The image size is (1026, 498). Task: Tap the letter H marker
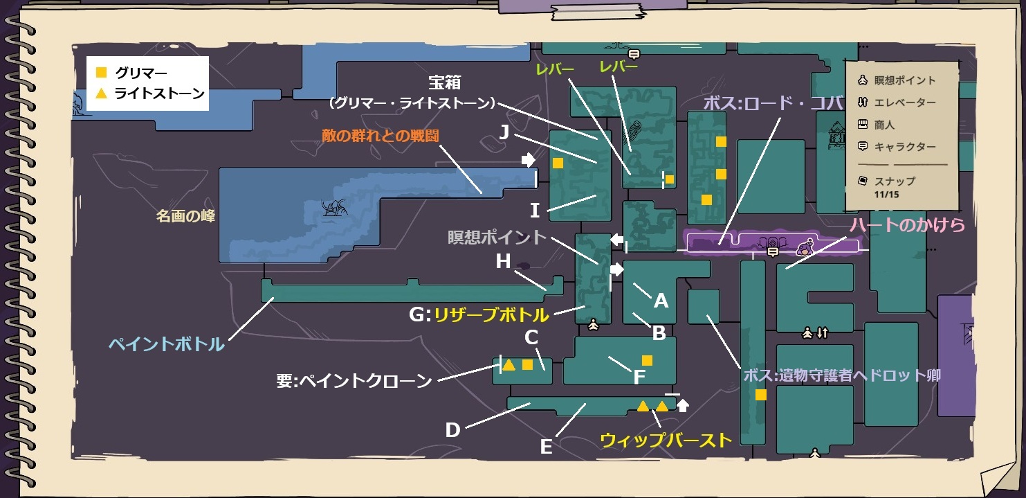pyautogui.click(x=503, y=261)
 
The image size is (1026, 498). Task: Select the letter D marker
pyautogui.click(x=452, y=430)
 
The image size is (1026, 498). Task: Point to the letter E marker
pyautogui.click(x=546, y=447)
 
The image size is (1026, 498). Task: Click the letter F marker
pyautogui.click(x=639, y=377)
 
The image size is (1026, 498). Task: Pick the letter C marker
pyautogui.click(x=531, y=337)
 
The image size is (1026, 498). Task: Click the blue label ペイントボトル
pyautogui.click(x=166, y=344)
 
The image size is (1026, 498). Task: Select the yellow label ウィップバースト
pyautogui.click(x=666, y=440)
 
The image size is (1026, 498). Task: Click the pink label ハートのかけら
pyautogui.click(x=907, y=225)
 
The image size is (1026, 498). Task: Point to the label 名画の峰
pyautogui.click(x=185, y=216)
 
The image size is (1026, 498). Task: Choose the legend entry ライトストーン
pyautogui.click(x=160, y=93)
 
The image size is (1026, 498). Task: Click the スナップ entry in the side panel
pyautogui.click(x=895, y=181)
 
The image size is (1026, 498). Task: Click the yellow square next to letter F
pyautogui.click(x=647, y=360)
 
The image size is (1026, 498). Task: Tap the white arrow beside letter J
pyautogui.click(x=529, y=160)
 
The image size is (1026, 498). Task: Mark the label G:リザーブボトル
pyautogui.click(x=479, y=315)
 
